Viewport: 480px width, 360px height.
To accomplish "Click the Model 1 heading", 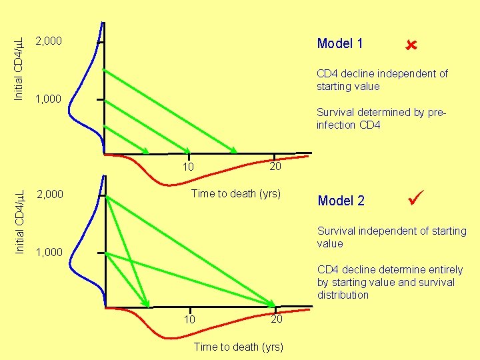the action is (340, 44).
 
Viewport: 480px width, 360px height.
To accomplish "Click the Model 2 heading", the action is (341, 201).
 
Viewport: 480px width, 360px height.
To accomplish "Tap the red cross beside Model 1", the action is (410, 45).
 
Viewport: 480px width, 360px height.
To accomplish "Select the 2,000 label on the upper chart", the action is (49, 41).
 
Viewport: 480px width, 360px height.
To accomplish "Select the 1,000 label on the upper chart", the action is (48, 99).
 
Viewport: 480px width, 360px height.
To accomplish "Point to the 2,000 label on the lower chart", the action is (49, 195).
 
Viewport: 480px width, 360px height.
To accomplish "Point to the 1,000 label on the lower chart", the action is (48, 252).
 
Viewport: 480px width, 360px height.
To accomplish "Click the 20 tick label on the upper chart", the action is (275, 166).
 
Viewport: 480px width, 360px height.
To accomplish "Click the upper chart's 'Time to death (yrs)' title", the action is (236, 194).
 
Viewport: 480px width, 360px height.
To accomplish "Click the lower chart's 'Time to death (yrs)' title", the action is (238, 347).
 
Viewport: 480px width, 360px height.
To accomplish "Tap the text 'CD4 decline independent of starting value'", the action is (382, 80).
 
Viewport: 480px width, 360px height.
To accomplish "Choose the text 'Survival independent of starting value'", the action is (392, 237).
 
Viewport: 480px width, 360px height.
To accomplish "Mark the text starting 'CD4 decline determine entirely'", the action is (390, 282).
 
